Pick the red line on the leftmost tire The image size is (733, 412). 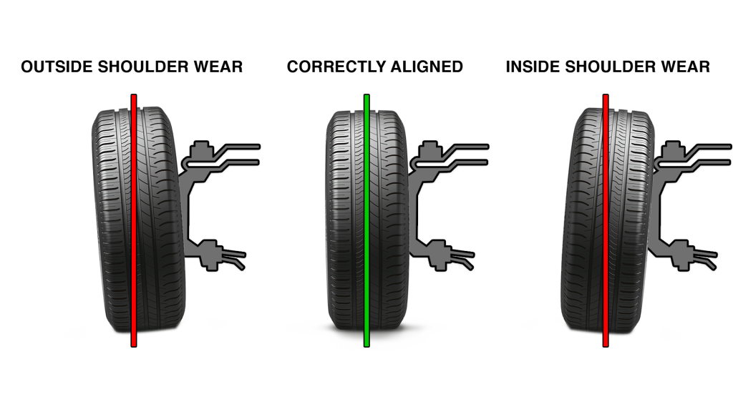click(x=134, y=229)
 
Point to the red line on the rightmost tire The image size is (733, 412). click(x=606, y=229)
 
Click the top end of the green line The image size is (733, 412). click(x=366, y=98)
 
